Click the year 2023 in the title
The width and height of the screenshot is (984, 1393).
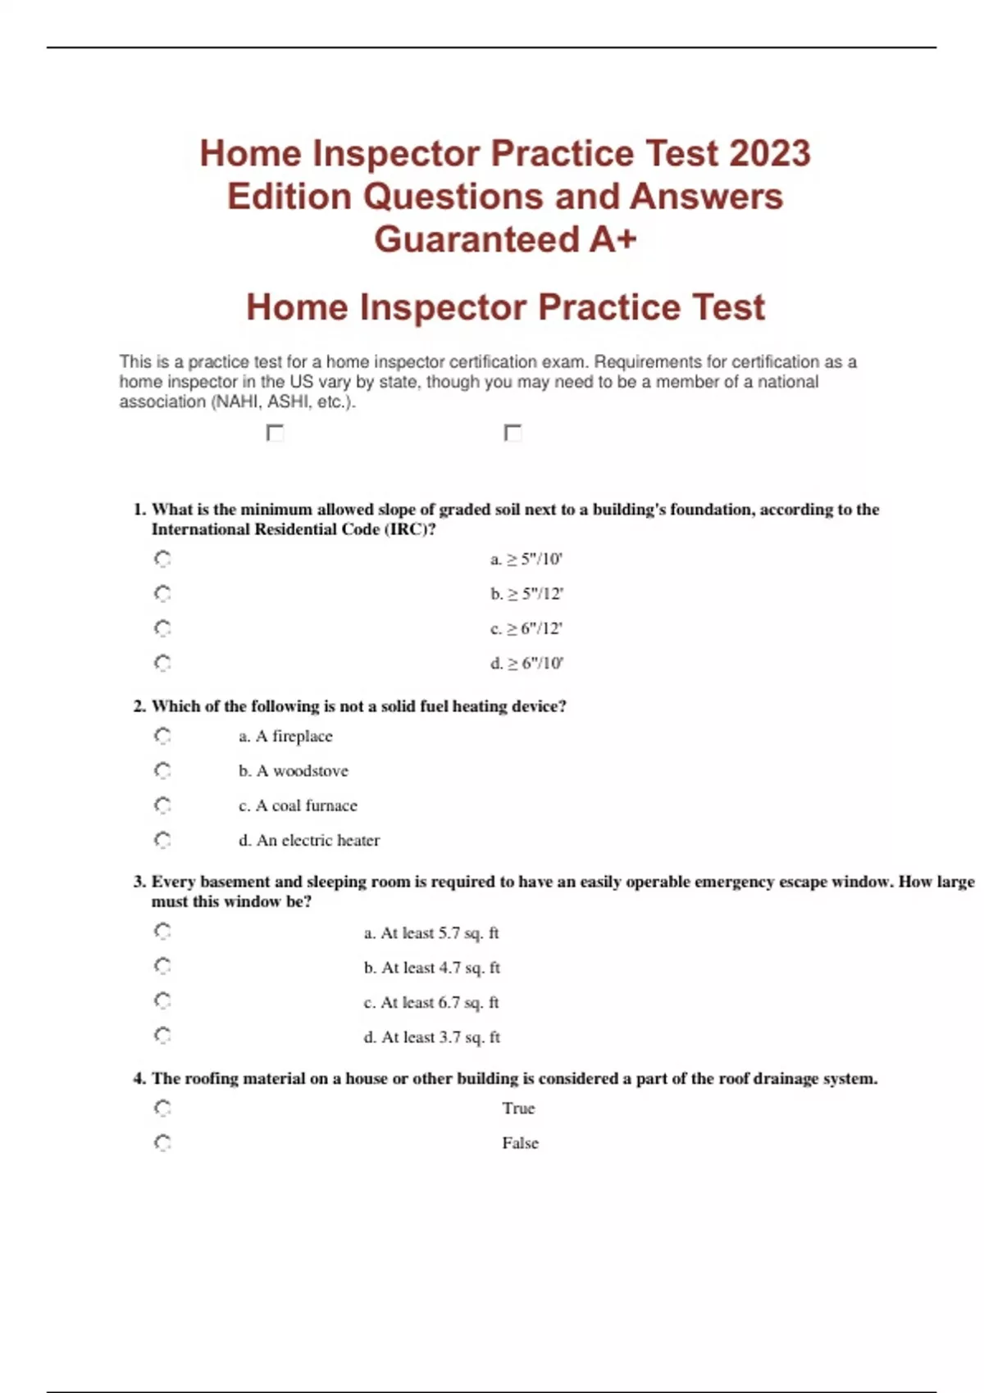click(769, 153)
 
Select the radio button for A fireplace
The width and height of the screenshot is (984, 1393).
click(162, 736)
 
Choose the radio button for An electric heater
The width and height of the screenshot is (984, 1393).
click(162, 840)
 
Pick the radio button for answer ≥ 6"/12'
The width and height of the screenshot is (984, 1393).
click(162, 628)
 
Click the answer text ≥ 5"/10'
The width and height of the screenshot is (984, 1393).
click(526, 560)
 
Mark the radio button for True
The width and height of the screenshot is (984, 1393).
click(162, 1109)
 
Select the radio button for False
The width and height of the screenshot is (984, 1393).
click(162, 1143)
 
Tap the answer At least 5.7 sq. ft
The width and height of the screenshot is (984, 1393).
click(431, 933)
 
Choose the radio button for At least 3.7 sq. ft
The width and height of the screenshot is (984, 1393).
click(162, 1036)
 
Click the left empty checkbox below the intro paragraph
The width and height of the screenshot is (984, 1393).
click(276, 433)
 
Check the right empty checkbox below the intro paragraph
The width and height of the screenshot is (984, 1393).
click(513, 433)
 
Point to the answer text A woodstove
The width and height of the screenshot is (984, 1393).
click(294, 771)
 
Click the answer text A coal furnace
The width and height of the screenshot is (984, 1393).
click(298, 805)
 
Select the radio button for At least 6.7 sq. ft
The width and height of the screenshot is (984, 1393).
click(162, 1001)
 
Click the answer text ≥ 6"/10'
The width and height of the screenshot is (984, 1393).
click(526, 664)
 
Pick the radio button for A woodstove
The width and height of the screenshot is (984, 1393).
click(162, 771)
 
